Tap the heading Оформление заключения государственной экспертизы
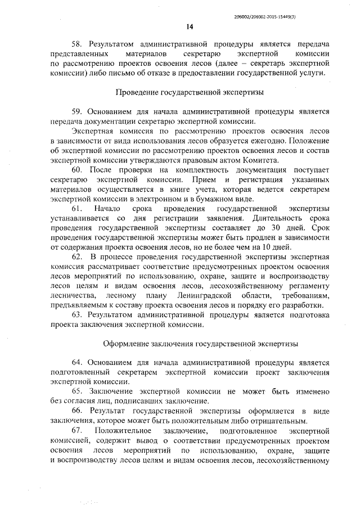pyautogui.click(x=201, y=343)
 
